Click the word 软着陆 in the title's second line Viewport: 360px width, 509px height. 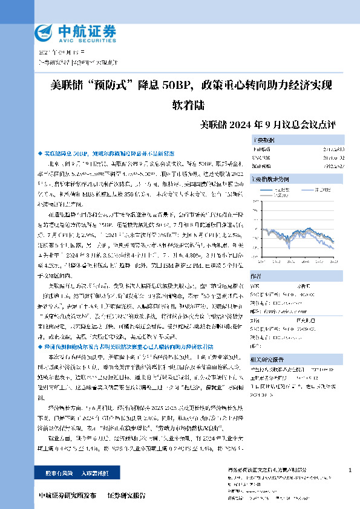tap(189, 104)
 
